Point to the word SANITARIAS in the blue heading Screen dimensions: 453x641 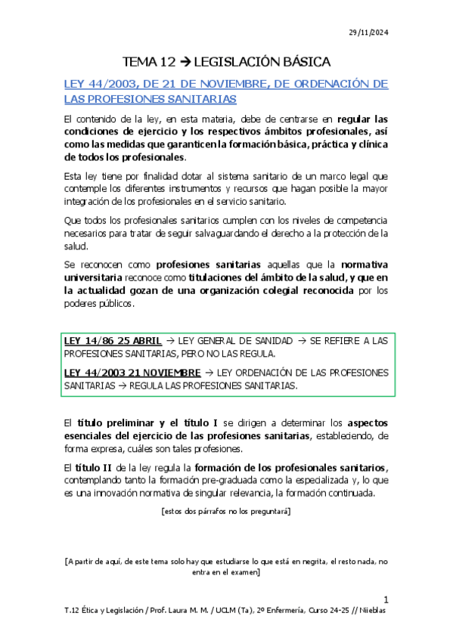202,98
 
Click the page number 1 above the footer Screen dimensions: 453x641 386,598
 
